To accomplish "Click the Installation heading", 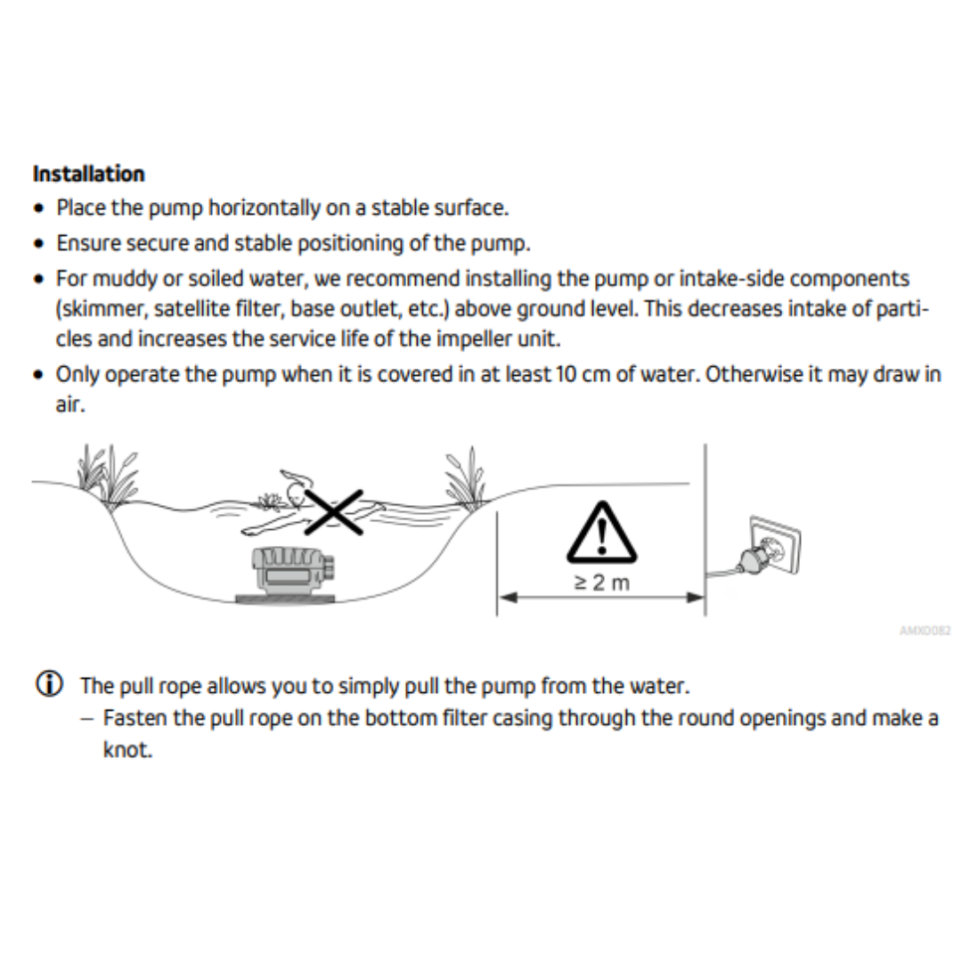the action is pos(89,174).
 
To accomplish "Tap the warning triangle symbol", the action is pos(602,533).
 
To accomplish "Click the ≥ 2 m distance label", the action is pos(602,583).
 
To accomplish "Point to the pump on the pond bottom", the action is pos(293,571).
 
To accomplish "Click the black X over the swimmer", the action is pos(334,512).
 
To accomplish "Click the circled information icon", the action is pos(49,684).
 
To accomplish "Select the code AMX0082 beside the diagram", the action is pos(925,630).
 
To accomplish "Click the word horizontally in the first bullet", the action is pos(265,208).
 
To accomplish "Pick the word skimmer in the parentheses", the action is pos(104,308).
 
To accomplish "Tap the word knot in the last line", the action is pos(127,750).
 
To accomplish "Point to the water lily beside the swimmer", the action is pos(269,501).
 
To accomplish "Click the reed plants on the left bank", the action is pos(108,476).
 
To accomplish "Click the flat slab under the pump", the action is pos(285,599).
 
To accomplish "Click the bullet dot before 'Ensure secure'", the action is pos(39,243).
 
